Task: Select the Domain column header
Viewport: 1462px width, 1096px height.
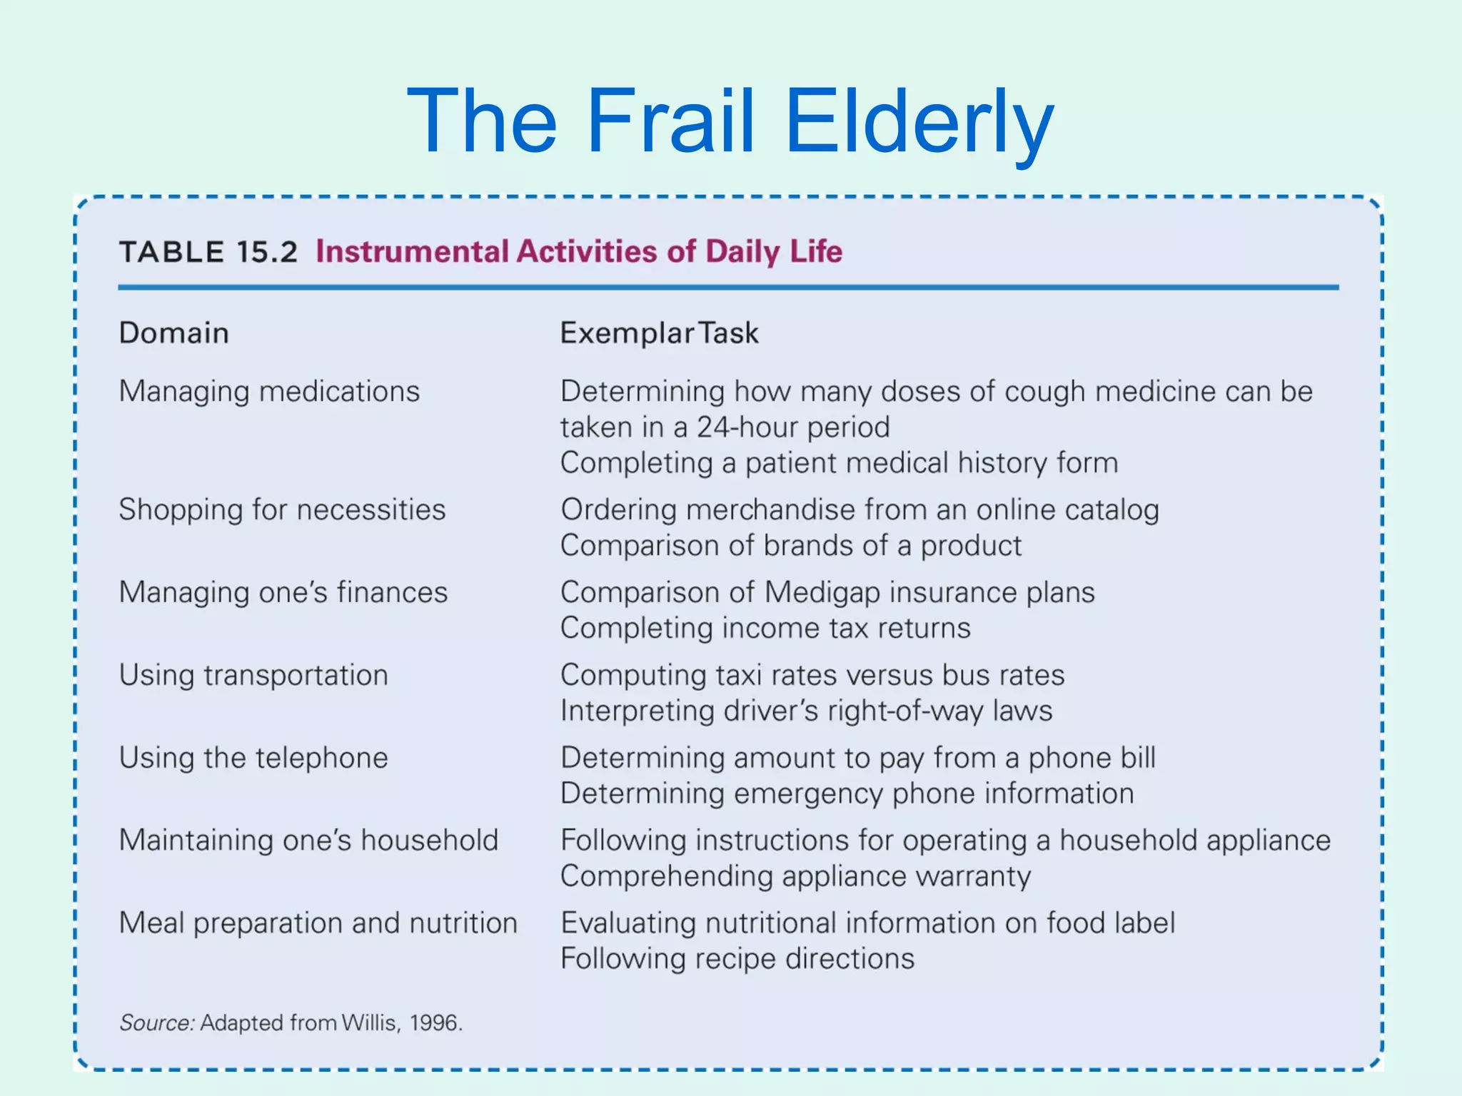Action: [173, 333]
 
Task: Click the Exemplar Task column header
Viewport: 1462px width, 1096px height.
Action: [658, 333]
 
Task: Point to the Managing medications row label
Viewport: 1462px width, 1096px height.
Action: [269, 392]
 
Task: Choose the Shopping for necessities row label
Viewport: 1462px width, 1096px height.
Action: [282, 510]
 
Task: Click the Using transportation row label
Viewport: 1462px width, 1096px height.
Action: [253, 676]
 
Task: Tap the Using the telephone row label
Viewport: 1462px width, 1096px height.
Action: [253, 758]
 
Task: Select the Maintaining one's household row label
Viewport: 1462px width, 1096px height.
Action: [308, 841]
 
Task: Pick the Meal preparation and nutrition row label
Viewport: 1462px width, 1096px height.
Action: [318, 923]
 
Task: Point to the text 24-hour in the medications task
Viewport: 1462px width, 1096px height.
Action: [751, 427]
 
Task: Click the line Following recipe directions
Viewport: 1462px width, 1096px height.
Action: [737, 959]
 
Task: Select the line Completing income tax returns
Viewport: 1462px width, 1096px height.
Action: [765, 629]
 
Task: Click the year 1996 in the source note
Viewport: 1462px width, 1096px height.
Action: [433, 1023]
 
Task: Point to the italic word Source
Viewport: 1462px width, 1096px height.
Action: [156, 1023]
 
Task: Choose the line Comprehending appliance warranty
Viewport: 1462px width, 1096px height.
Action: [795, 876]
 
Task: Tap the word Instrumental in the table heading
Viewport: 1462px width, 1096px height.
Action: [412, 252]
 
